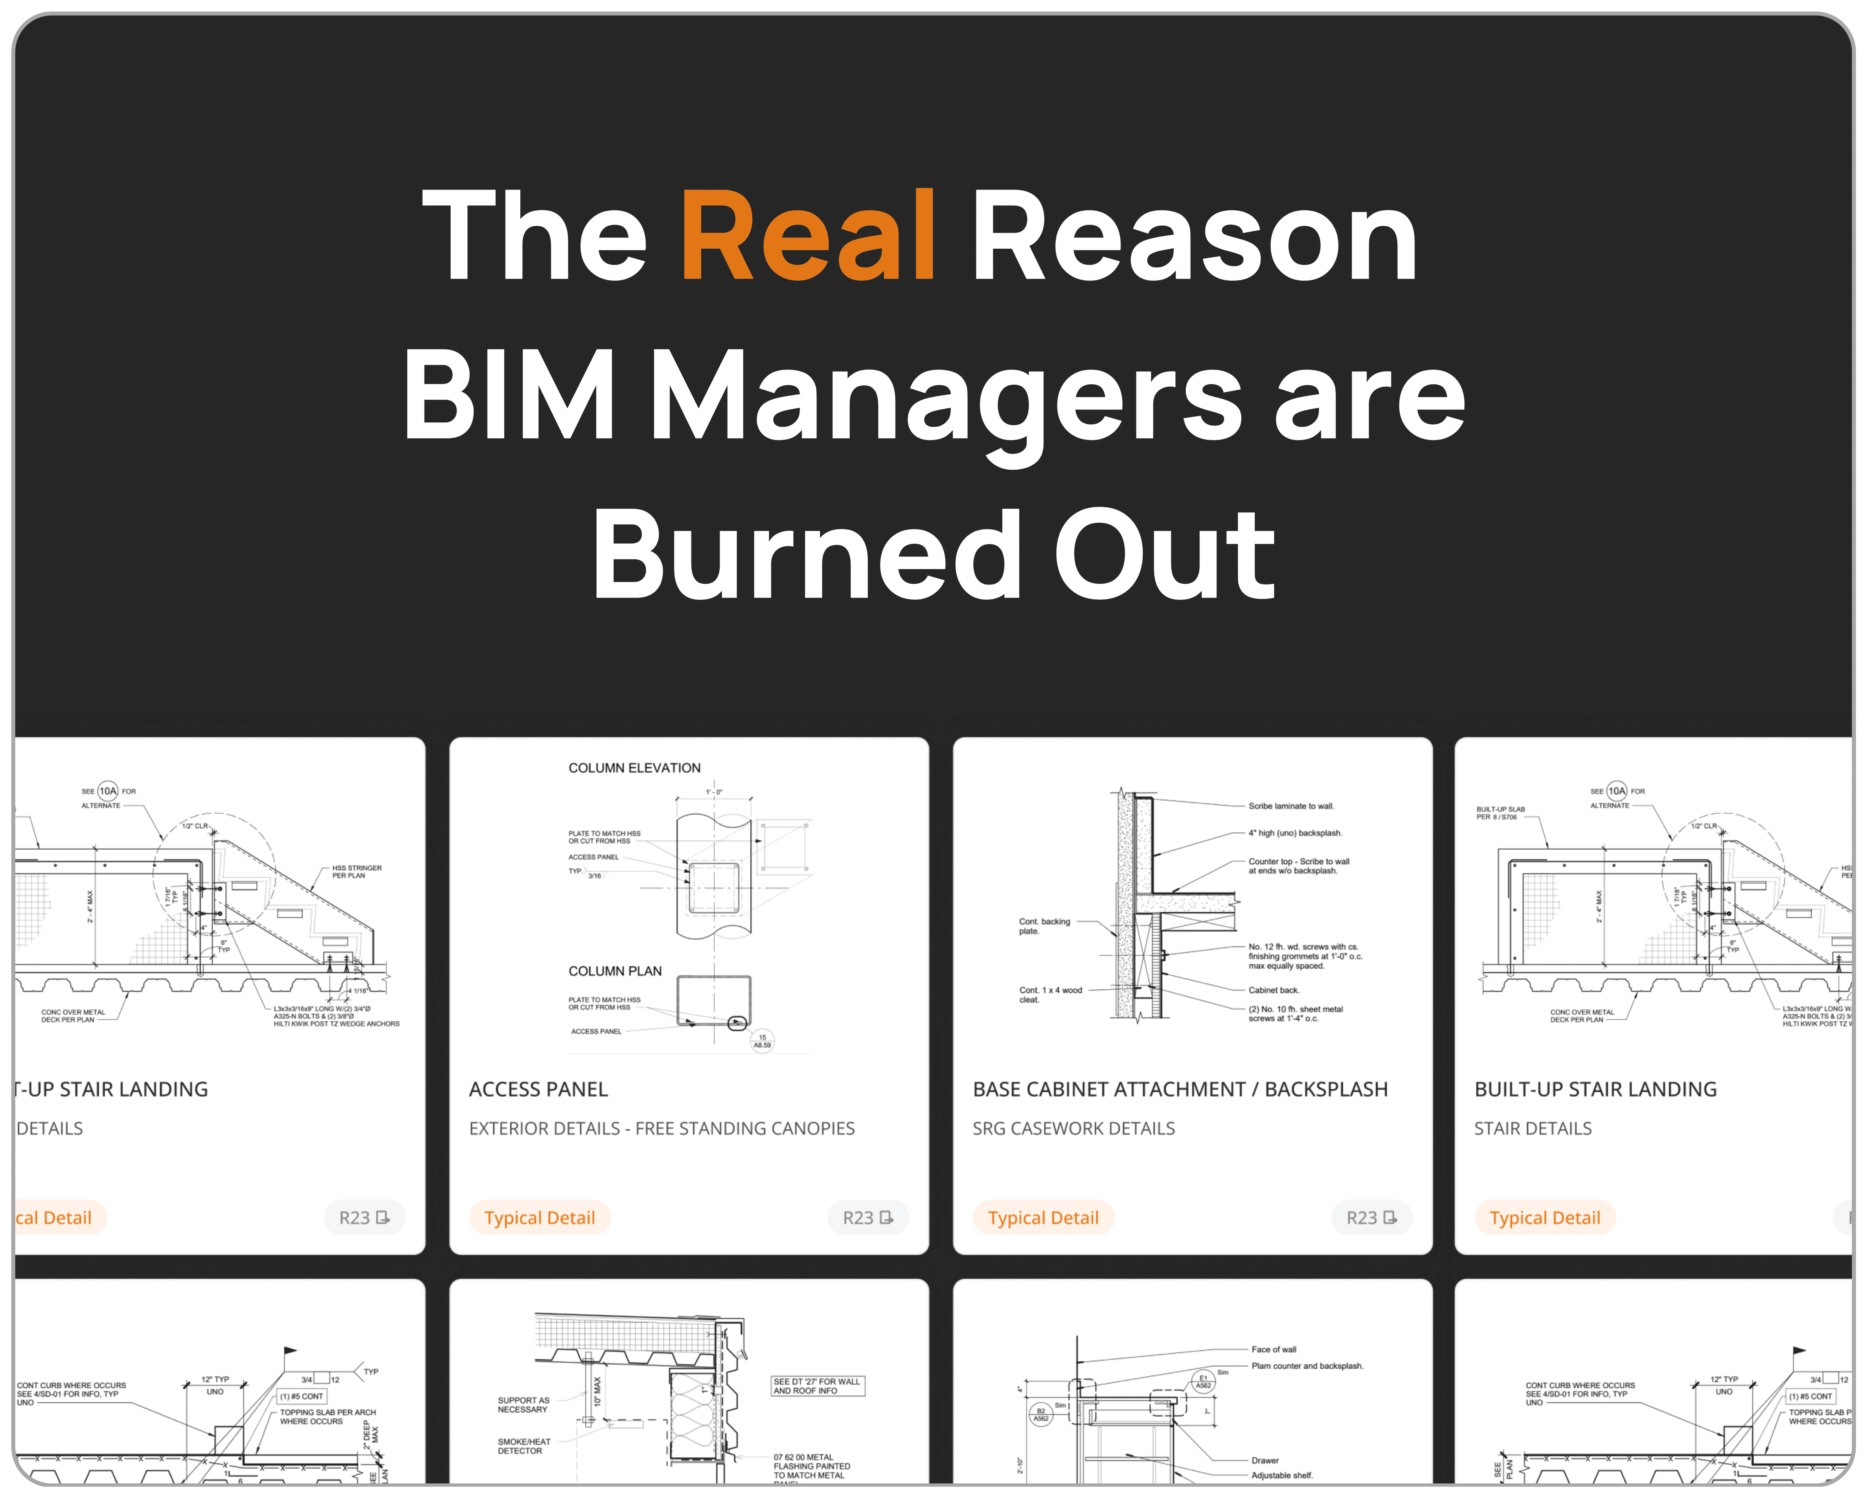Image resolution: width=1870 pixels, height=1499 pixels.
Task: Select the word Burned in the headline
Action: tap(807, 555)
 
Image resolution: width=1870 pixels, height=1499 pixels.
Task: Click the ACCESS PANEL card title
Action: tap(538, 1090)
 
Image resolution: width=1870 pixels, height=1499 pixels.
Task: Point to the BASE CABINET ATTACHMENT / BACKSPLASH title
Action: tap(1179, 1090)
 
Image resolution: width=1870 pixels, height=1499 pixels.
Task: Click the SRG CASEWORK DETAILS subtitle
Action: tap(1073, 1129)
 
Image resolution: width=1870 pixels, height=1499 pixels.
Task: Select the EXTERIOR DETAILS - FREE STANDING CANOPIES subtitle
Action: tap(661, 1129)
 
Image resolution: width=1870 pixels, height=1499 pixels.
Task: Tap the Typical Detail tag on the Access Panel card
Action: tap(540, 1218)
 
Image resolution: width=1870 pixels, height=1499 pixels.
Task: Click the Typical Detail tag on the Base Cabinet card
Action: tap(1043, 1218)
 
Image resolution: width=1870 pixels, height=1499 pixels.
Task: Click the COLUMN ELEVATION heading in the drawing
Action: tap(634, 768)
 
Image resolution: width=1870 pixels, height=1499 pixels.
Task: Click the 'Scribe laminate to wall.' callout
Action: tap(1291, 806)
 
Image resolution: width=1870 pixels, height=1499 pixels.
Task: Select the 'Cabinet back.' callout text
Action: tap(1273, 990)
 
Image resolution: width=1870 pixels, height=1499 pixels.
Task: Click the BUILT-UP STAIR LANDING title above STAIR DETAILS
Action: tap(1595, 1090)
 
